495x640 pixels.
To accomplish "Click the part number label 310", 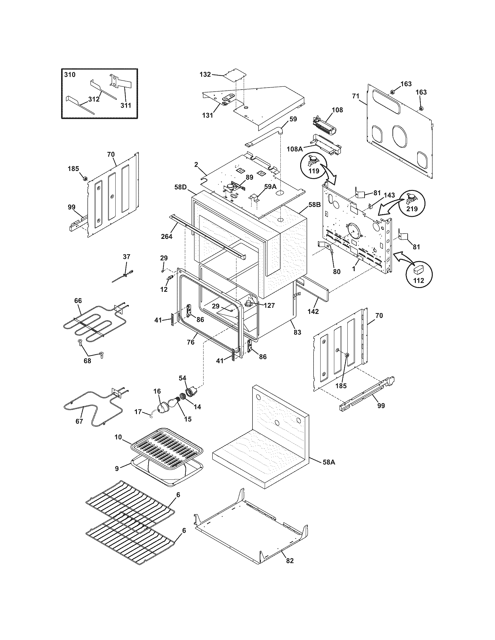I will tap(70, 74).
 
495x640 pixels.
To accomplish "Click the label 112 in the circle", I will tap(418, 280).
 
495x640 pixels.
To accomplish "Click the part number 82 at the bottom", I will tap(289, 561).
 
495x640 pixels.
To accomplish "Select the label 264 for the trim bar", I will tap(167, 236).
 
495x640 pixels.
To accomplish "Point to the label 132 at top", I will tap(205, 74).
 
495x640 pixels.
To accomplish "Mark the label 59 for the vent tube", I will tap(293, 119).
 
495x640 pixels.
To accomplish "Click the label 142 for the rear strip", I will tap(313, 312).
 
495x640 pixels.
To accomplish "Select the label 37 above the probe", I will tap(126, 257).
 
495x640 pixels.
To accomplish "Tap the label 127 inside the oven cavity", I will tap(269, 306).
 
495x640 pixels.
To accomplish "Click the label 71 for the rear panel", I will tap(356, 95).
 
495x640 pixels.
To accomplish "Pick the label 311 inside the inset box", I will tap(126, 105).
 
